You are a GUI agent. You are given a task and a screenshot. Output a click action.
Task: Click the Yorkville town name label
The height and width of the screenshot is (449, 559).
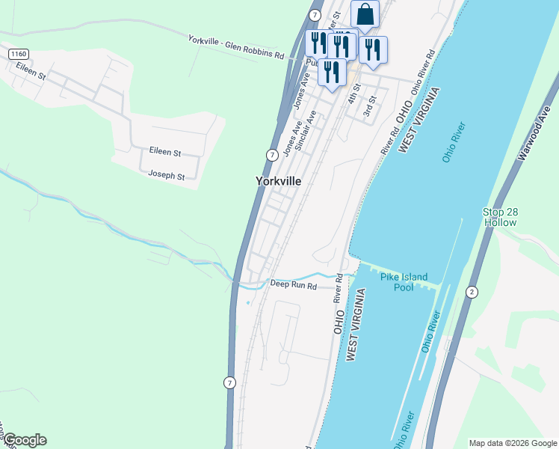tap(278, 181)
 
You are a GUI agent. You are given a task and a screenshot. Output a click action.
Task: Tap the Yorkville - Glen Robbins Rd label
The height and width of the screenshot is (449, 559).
tap(236, 47)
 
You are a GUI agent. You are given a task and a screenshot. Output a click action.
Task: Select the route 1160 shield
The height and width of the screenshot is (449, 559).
tap(19, 55)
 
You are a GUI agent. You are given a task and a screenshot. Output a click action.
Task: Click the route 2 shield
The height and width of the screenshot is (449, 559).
tap(472, 291)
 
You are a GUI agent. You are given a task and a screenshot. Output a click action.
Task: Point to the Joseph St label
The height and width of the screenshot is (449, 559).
tap(166, 176)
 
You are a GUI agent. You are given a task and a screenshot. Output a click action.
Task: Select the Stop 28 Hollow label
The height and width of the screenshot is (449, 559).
tap(500, 217)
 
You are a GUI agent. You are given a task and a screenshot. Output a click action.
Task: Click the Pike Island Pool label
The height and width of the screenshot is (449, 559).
tap(404, 282)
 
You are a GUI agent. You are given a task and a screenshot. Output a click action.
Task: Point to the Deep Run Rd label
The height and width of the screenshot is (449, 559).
tap(294, 285)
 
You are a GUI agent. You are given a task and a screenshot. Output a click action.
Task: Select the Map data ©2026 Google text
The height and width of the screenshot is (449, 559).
tap(512, 442)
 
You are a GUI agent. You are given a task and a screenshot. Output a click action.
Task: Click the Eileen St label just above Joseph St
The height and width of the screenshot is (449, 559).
tap(165, 152)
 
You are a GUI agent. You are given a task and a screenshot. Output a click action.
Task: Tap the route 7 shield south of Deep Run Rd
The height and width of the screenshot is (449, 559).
tap(229, 382)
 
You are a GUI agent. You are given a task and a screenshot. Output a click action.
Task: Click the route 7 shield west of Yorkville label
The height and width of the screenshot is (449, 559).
tap(272, 154)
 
